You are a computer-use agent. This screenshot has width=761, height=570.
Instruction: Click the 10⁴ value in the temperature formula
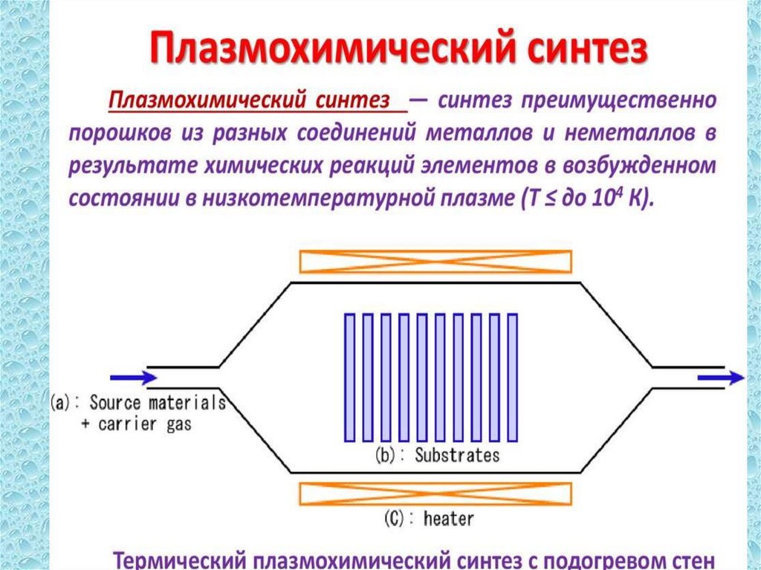[x=603, y=198]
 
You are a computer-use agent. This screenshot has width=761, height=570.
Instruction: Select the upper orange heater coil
[x=435, y=261]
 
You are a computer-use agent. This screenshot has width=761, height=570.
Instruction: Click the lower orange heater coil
[x=435, y=494]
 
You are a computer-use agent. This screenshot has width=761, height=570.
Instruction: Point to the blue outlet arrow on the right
[x=720, y=378]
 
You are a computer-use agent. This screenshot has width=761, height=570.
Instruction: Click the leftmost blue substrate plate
[x=350, y=377]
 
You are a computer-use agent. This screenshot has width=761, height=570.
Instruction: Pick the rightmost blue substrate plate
[x=512, y=377]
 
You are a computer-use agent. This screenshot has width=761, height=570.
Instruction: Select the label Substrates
[x=456, y=454]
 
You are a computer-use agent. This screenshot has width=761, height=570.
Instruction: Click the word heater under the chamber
[x=448, y=518]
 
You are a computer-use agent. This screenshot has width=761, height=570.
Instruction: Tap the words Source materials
[x=157, y=404]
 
